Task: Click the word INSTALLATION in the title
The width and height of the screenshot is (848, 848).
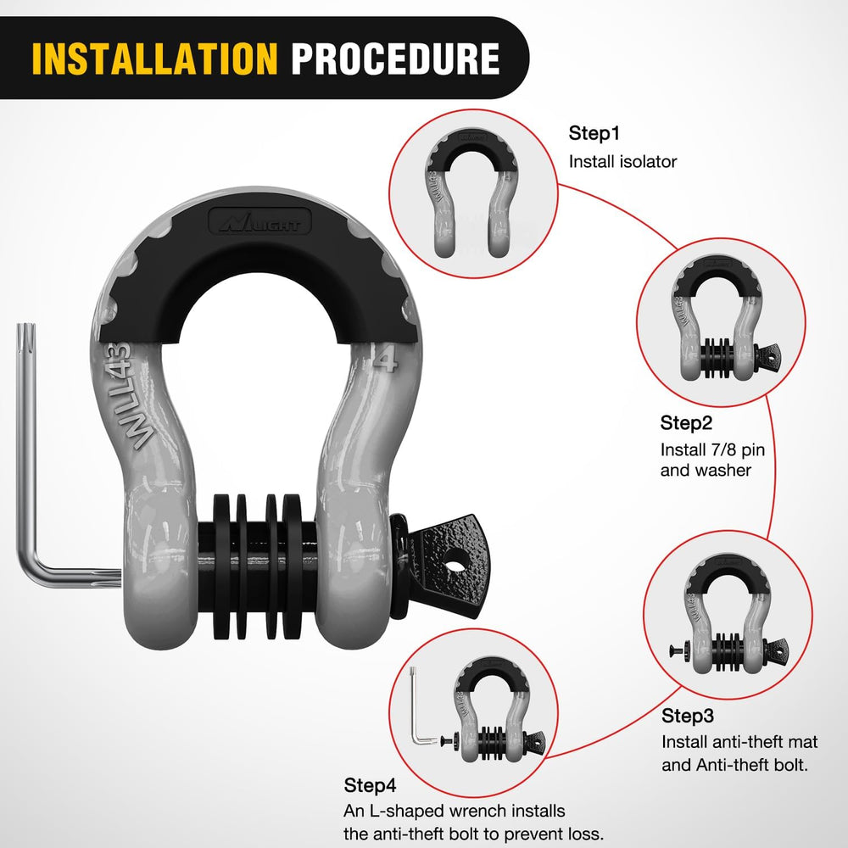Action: (154, 58)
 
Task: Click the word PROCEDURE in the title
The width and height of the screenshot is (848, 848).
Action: (395, 58)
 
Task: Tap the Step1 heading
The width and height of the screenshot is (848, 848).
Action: (594, 133)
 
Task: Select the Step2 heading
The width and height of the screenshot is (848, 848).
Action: (686, 423)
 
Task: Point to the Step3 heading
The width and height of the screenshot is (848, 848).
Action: (688, 716)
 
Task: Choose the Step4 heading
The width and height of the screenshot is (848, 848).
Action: (370, 785)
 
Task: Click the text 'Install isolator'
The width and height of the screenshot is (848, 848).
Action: (622, 162)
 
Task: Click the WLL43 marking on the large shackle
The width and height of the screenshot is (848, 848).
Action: (130, 395)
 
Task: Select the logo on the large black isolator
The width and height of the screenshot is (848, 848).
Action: (260, 221)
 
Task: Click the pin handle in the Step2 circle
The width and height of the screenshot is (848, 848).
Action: (767, 356)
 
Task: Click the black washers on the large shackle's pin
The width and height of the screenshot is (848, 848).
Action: (258, 566)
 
